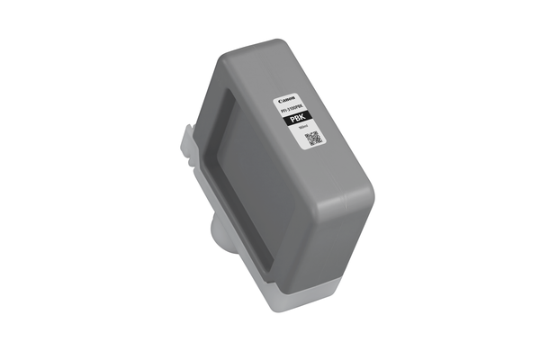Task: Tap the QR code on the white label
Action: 314,139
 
